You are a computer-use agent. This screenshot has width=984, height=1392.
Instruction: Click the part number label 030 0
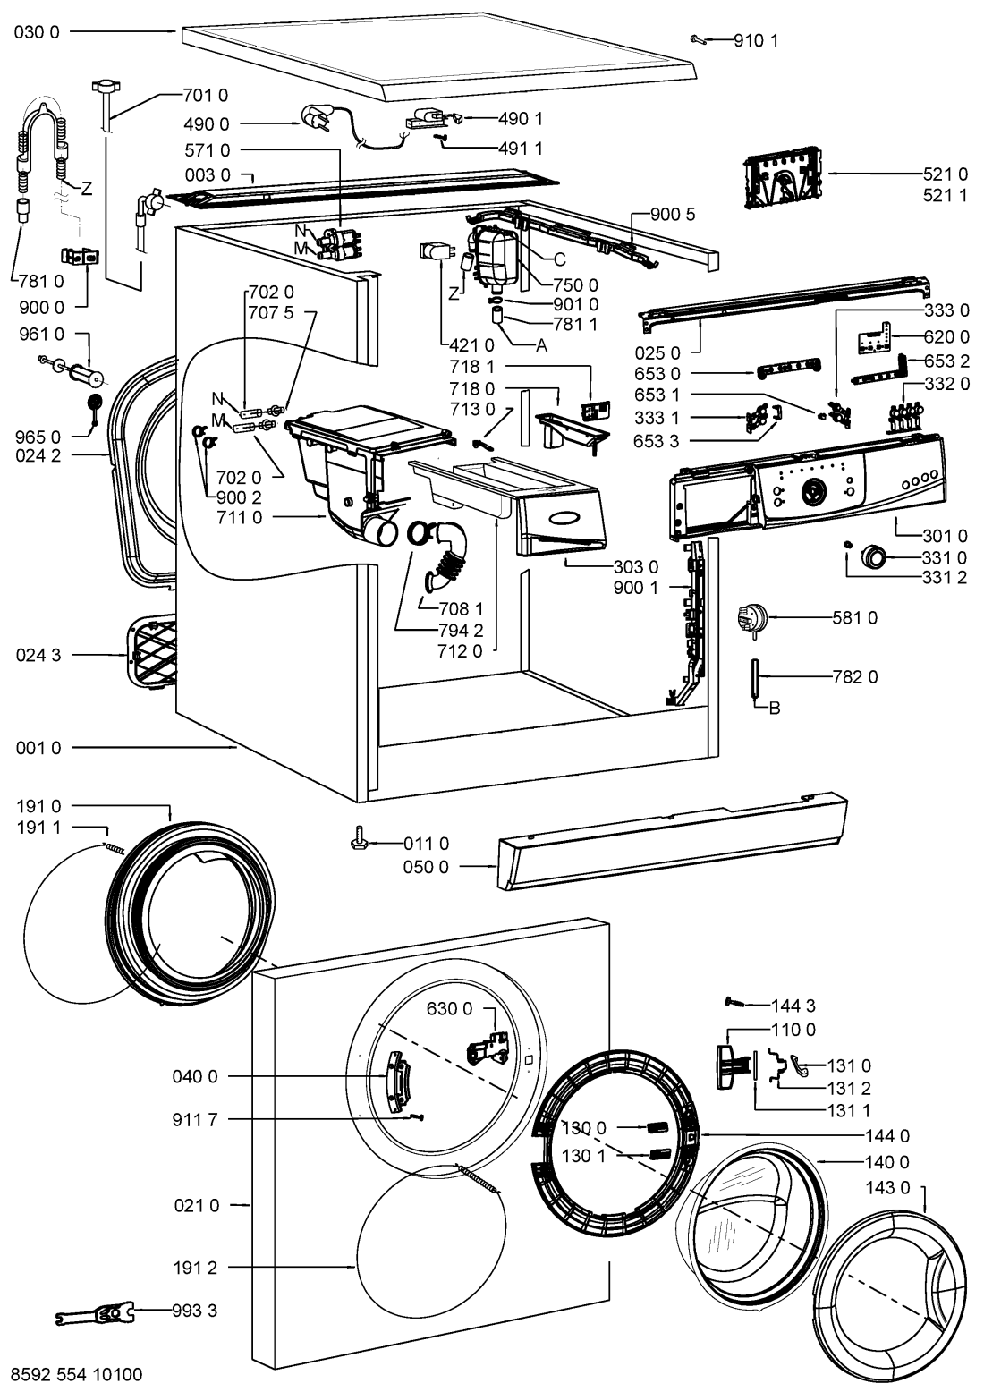point(38,31)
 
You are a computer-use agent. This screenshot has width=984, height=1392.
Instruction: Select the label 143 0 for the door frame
point(887,1187)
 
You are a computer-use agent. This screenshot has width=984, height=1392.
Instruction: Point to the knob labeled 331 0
point(873,556)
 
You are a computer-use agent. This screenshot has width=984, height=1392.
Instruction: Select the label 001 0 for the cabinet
point(38,748)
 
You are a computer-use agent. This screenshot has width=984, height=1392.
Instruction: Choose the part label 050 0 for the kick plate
point(426,867)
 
